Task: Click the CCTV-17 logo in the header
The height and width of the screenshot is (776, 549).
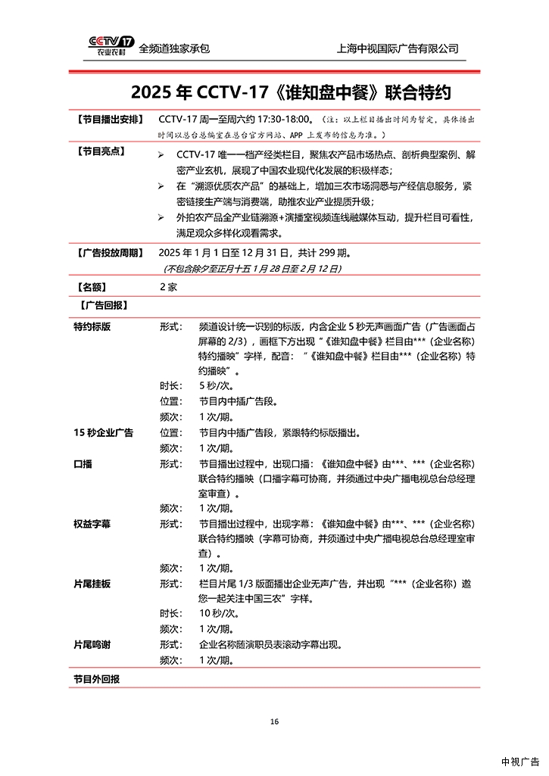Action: tap(110, 46)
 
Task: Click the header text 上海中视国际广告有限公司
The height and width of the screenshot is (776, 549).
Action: tap(398, 48)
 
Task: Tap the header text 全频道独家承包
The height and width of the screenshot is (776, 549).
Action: tap(174, 48)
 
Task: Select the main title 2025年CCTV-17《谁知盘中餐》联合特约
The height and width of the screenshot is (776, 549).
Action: tap(291, 93)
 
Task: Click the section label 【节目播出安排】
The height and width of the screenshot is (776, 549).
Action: tap(108, 120)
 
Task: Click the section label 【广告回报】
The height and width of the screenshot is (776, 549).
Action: tap(102, 305)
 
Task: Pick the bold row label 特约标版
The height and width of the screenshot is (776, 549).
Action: tap(92, 327)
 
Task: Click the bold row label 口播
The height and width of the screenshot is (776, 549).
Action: tap(83, 463)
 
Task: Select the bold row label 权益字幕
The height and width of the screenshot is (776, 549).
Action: tap(92, 523)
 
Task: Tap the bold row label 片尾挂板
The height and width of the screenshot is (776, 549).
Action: tap(92, 584)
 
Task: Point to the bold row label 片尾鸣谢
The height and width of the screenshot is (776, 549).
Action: tap(92, 644)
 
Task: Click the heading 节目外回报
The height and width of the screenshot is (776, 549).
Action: tap(96, 678)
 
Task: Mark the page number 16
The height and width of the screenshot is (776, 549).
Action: tap(274, 721)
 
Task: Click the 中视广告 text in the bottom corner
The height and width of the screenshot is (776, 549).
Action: tap(520, 762)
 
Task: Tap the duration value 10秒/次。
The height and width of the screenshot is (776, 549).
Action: tap(217, 614)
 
